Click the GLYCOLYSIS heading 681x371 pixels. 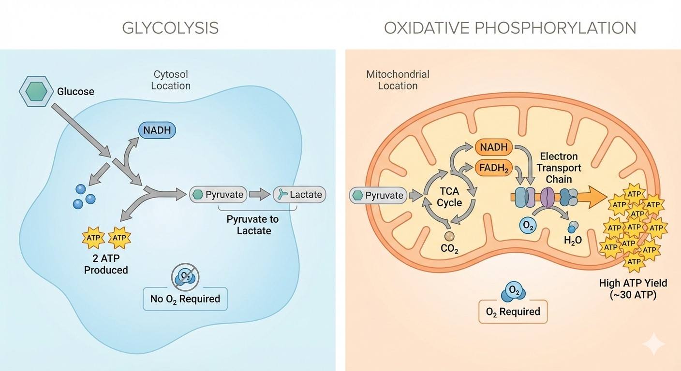(170, 28)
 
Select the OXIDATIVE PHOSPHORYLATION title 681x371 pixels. (510, 28)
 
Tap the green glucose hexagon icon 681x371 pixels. (37, 91)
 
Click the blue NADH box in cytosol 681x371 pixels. (157, 130)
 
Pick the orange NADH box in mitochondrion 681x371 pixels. (493, 148)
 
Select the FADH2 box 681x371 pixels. (494, 169)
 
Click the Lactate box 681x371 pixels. (299, 194)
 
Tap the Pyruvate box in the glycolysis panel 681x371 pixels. (219, 195)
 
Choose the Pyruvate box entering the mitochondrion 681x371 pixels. (378, 196)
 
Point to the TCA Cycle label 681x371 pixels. (449, 196)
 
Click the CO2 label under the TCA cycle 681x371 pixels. (449, 250)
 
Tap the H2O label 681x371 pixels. (573, 240)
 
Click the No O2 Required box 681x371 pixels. (185, 299)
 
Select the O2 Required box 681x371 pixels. (513, 312)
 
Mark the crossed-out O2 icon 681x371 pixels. (185, 276)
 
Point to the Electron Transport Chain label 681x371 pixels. (559, 168)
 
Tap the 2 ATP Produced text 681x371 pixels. (106, 264)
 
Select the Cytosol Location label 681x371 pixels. (171, 80)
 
